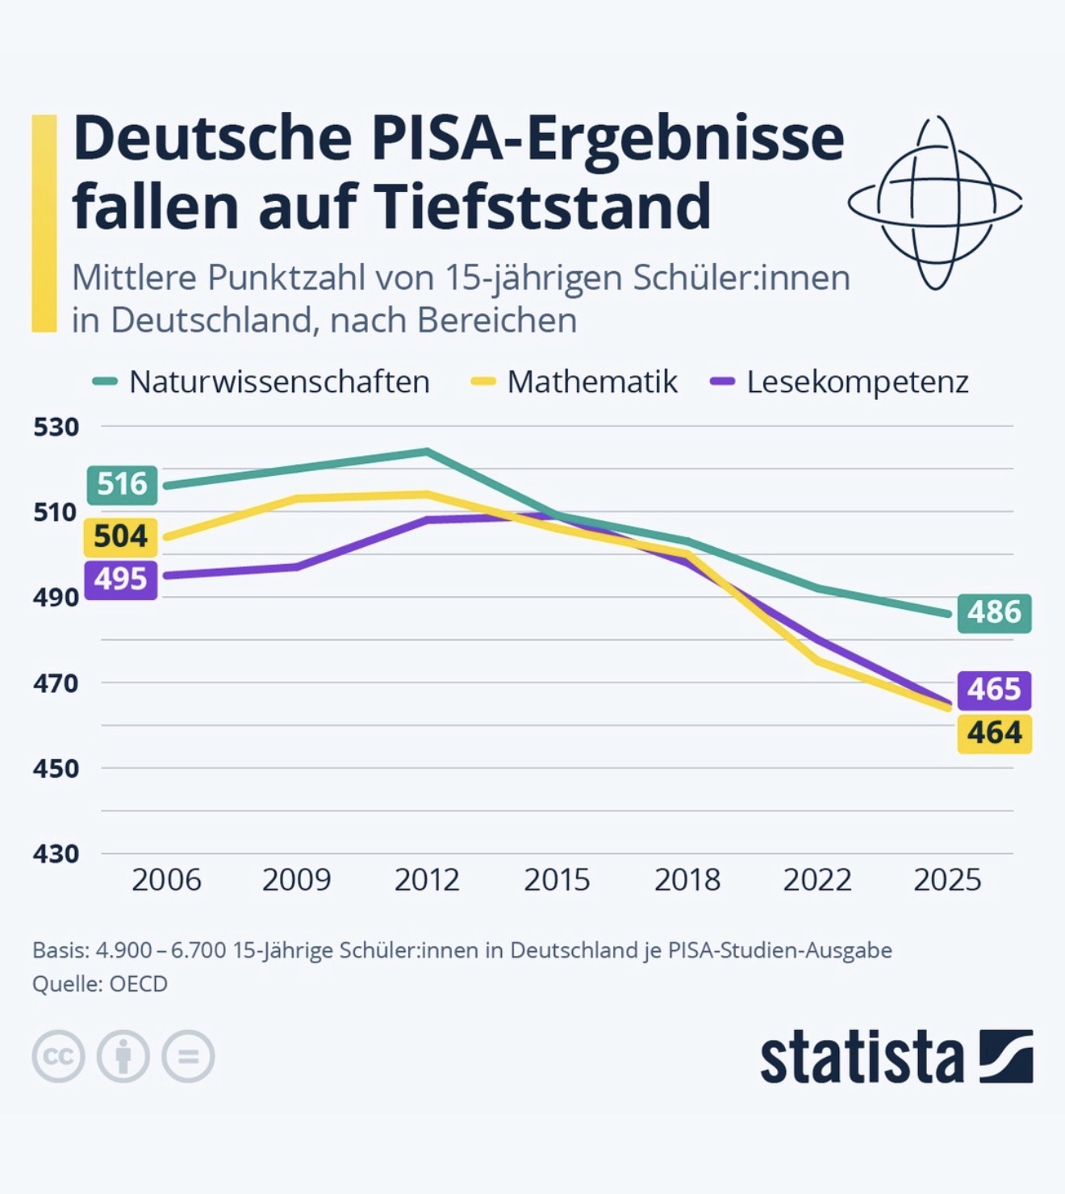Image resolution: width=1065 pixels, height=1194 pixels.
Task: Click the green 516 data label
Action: [122, 484]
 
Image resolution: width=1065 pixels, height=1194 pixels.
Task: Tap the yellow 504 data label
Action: [120, 536]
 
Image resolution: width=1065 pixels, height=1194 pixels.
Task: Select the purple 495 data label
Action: [121, 580]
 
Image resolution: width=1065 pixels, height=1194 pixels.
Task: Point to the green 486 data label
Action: [994, 613]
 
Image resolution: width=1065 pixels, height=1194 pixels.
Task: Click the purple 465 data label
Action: [994, 690]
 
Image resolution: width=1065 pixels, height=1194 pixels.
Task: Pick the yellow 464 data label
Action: [994, 733]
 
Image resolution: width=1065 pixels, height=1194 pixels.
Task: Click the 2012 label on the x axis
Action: [427, 880]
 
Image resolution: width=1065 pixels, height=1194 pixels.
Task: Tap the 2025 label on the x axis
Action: [947, 880]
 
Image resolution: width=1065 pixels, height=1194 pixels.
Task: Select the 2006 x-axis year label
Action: [167, 880]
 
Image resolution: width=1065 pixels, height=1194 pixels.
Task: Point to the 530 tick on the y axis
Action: [56, 428]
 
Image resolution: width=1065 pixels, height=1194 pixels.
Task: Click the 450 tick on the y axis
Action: [56, 769]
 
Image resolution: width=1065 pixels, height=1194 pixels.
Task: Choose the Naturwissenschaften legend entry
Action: [261, 382]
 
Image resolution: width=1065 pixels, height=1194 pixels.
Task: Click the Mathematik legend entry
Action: [574, 382]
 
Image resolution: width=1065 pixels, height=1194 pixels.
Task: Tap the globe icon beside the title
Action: [935, 202]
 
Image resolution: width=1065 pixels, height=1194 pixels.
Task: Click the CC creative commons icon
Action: [58, 1056]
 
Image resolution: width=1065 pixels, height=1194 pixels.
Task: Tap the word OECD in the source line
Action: [139, 983]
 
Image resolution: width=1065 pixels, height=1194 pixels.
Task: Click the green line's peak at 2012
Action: [427, 452]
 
